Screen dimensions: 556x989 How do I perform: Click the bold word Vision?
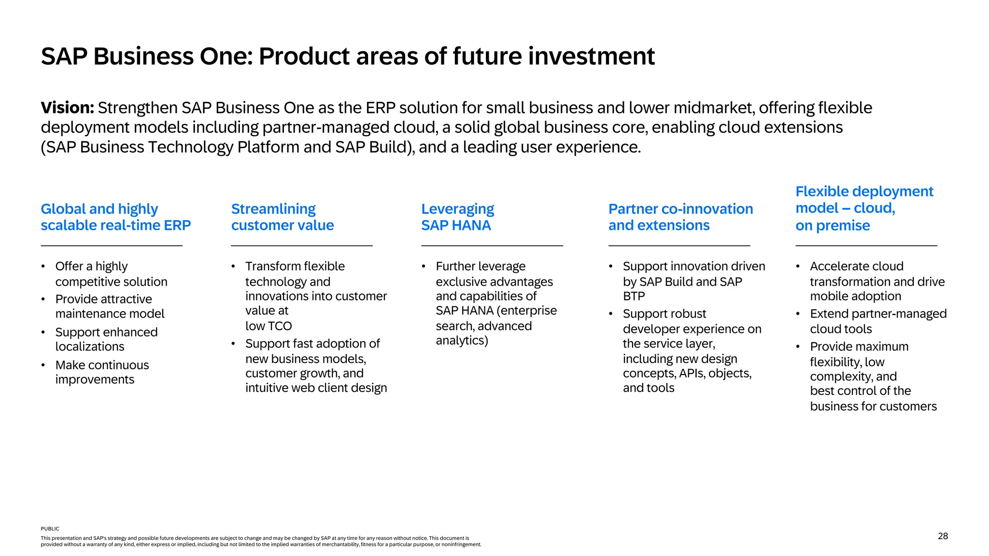[67, 108]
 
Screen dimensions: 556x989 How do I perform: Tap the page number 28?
[943, 536]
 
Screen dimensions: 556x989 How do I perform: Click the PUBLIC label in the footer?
[50, 529]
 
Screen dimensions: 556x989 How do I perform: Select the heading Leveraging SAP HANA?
[457, 217]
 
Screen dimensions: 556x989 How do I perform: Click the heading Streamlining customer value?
[282, 217]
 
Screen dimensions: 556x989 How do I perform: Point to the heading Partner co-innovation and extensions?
[680, 217]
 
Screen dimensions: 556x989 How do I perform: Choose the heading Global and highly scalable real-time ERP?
[115, 217]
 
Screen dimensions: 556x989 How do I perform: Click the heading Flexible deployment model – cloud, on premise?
[863, 208]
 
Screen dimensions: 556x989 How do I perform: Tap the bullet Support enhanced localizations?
[106, 339]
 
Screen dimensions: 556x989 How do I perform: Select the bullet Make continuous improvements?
[102, 372]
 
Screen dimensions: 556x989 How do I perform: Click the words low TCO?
[268, 326]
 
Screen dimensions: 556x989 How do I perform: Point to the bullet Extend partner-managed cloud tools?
[877, 321]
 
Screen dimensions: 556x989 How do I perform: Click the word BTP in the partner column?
[634, 296]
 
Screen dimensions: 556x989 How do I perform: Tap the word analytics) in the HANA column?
[462, 341]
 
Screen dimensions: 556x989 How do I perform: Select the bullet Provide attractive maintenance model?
[110, 306]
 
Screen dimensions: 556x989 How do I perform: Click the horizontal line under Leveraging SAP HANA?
[492, 246]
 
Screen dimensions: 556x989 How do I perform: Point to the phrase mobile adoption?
[855, 296]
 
